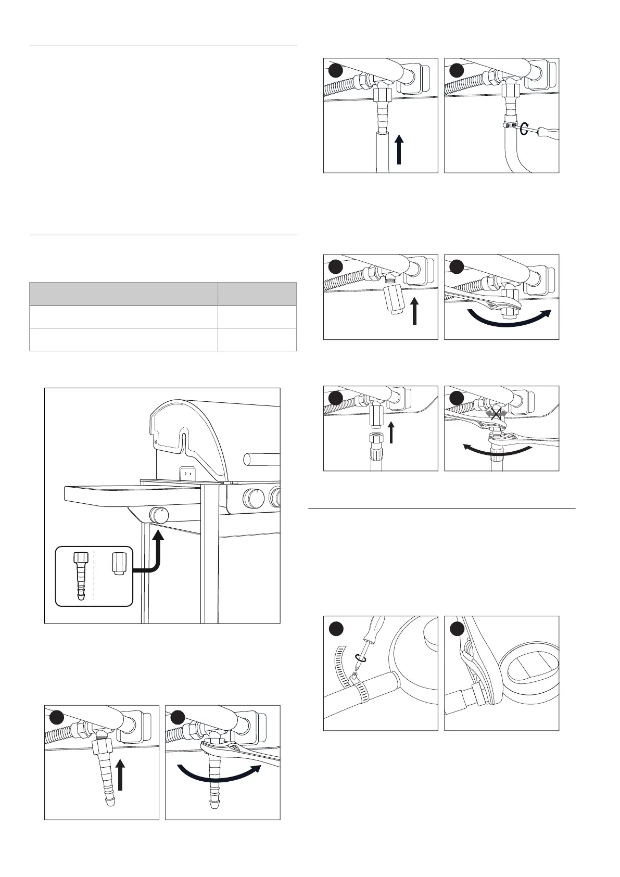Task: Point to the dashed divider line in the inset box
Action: click(x=95, y=576)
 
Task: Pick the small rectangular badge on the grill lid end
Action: click(x=188, y=474)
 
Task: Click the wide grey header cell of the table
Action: click(x=123, y=294)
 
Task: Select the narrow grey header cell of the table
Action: click(x=257, y=294)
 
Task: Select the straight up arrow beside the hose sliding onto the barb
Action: click(x=399, y=149)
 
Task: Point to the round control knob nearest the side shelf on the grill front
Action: click(x=255, y=499)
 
